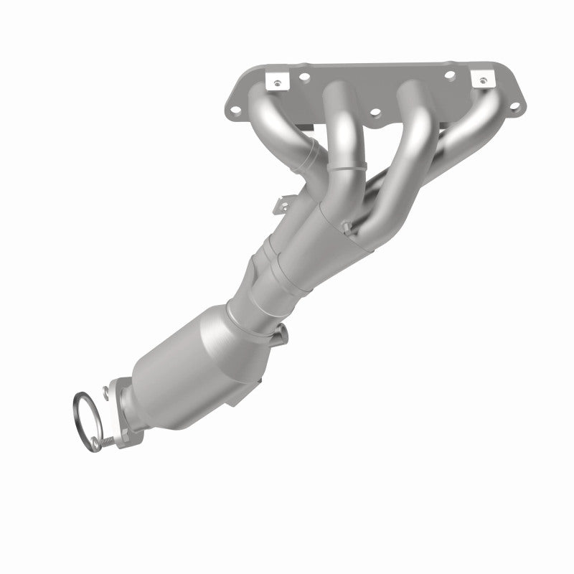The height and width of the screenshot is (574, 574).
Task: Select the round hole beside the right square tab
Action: [x=451, y=74]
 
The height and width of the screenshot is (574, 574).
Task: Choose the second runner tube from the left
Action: [x=341, y=136]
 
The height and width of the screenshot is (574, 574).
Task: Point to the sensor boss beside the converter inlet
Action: [x=281, y=331]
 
